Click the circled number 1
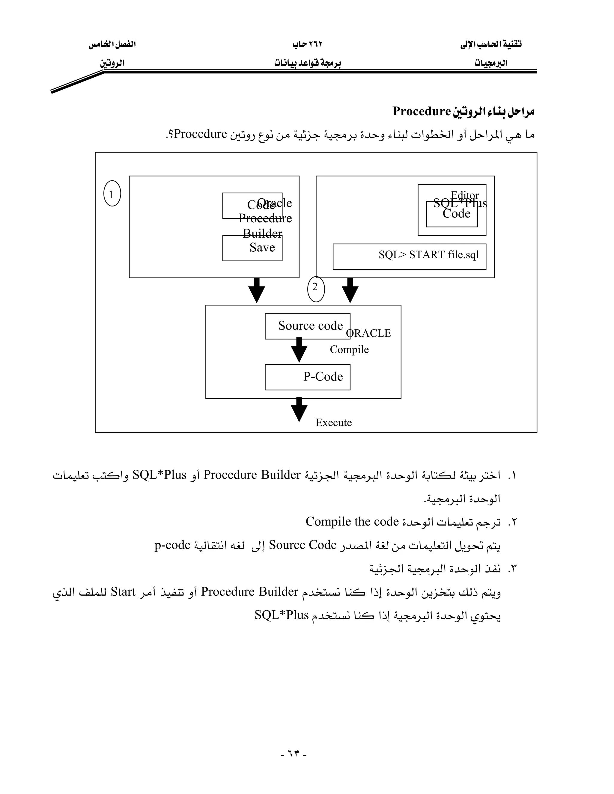[112, 194]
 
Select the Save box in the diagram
[252, 248]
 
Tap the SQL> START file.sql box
[409, 256]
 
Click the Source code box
[307, 326]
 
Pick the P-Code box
[307, 377]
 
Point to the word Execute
[334, 422]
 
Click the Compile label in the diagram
[349, 349]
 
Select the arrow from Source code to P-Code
[299, 350]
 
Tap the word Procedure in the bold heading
[422, 111]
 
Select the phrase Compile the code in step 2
[352, 522]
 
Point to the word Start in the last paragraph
[123, 591]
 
